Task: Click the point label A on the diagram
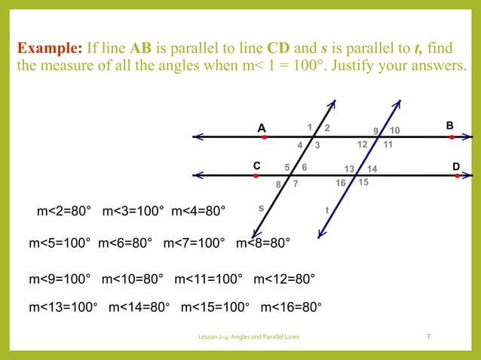coord(262,128)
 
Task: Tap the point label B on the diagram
coord(451,125)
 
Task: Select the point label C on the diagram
coord(256,165)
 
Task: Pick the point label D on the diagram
coord(455,165)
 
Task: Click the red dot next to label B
coord(452,138)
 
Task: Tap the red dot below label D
coord(457,176)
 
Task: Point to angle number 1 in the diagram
coord(310,127)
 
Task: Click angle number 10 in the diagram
coord(395,131)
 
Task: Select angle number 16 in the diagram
coord(341,182)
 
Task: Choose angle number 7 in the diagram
coord(296,183)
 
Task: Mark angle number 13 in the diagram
coord(348,169)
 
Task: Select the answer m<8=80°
coord(263,243)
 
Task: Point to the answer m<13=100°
coord(63,307)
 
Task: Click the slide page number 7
coord(428,336)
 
